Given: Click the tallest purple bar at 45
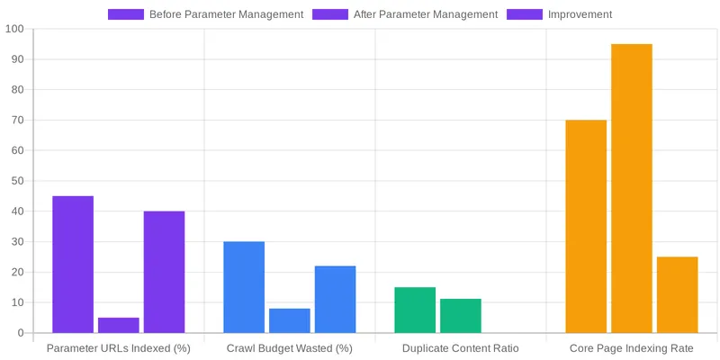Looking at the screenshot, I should coord(73,265).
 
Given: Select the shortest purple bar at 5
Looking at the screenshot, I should coord(119,325).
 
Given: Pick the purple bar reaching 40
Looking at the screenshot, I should coord(164,272).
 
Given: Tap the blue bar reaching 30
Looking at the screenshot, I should coord(244,287).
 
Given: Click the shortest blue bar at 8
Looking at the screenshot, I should coord(290,320).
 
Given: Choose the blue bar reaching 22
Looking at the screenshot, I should coord(335,299).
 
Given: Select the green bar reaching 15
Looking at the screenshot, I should coord(415,310).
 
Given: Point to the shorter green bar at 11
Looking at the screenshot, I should coord(461,316).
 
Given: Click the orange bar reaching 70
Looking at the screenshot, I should coord(586,226).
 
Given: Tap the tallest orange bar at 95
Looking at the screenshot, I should coord(632,188).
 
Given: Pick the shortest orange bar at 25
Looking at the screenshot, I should coord(677,294).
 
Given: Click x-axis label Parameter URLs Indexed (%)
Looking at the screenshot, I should coord(119,348).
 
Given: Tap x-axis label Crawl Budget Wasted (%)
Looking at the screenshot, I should coord(290,348).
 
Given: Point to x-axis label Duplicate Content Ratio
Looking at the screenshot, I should coord(461,348).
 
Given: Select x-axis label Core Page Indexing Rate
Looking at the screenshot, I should coord(632,348).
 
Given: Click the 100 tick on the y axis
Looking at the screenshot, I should coord(14,29).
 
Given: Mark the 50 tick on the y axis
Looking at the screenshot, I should coord(17,181).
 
